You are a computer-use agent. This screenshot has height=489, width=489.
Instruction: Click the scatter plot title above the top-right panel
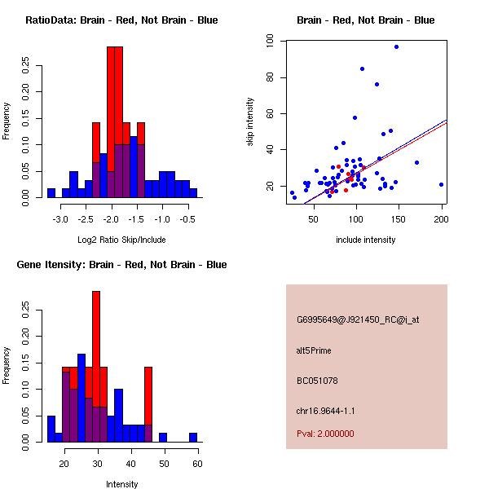365,20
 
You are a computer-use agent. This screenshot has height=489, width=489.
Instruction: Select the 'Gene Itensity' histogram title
121,265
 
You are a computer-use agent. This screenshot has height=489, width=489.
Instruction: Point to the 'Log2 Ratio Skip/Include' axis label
121,240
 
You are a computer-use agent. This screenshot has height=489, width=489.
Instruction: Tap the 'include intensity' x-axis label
365,240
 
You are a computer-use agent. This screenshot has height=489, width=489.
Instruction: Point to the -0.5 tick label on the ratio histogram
187,220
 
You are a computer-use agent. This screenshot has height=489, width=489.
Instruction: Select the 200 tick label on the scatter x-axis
441,220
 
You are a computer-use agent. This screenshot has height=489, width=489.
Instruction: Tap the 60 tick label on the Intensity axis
198,465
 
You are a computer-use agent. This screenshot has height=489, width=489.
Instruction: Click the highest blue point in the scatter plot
396,46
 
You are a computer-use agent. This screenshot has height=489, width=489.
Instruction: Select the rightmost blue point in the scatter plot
441,184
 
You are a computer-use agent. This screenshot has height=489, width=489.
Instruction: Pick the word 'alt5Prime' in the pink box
314,350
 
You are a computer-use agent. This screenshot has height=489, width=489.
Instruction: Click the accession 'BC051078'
317,381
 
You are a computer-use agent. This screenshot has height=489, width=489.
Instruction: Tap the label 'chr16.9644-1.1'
325,411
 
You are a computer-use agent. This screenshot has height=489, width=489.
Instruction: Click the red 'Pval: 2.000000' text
325,434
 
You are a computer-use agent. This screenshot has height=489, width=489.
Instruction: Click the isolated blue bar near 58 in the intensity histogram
193,438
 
